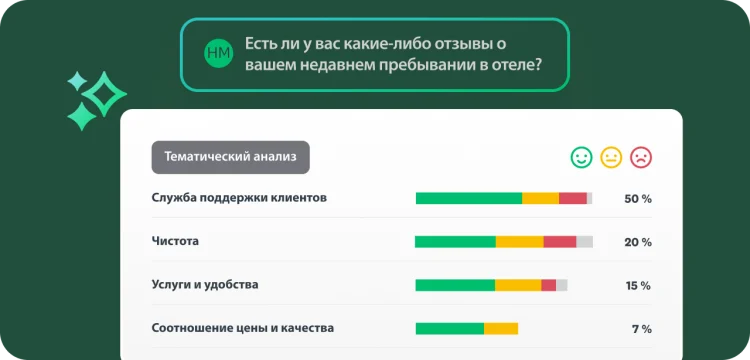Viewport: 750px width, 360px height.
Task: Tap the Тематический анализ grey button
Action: (x=230, y=157)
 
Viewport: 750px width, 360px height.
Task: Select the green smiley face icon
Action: (x=581, y=157)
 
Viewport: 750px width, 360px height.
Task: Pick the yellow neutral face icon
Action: (x=611, y=157)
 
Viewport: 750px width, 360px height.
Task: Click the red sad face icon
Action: (x=641, y=157)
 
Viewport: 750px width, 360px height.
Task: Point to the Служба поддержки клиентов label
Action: (x=239, y=198)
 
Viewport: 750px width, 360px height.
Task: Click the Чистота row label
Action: (x=175, y=241)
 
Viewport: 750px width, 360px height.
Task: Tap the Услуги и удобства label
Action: (x=205, y=285)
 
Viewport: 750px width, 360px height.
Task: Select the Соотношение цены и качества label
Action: (x=243, y=328)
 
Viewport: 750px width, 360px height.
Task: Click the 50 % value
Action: (x=637, y=199)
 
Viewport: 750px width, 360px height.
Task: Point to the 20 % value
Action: (x=637, y=242)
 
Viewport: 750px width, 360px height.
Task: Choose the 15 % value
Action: (x=637, y=286)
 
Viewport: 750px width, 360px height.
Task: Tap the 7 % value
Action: (x=641, y=329)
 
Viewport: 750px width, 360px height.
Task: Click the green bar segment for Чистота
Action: (x=455, y=242)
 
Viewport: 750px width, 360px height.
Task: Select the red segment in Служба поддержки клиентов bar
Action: (x=573, y=198)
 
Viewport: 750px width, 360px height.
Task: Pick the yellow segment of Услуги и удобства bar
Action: (x=518, y=285)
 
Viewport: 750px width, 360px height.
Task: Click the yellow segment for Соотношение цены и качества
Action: (x=501, y=328)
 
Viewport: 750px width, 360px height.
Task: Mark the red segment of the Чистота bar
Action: (x=560, y=242)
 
